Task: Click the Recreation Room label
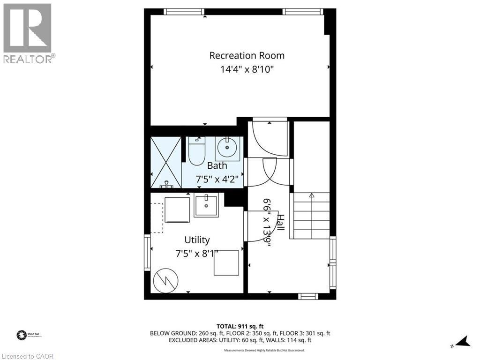(x=247, y=55)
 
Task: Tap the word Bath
(x=217, y=165)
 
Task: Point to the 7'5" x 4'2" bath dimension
(x=217, y=179)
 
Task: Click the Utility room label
(x=197, y=240)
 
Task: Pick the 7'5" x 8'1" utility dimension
(x=197, y=254)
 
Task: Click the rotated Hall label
(x=280, y=222)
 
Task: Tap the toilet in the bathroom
(x=197, y=150)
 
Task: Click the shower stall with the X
(x=166, y=162)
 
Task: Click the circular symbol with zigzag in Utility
(x=165, y=280)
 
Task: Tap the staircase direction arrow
(x=312, y=195)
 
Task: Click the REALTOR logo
(x=28, y=33)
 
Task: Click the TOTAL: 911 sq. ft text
(x=240, y=326)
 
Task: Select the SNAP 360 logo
(x=22, y=335)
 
